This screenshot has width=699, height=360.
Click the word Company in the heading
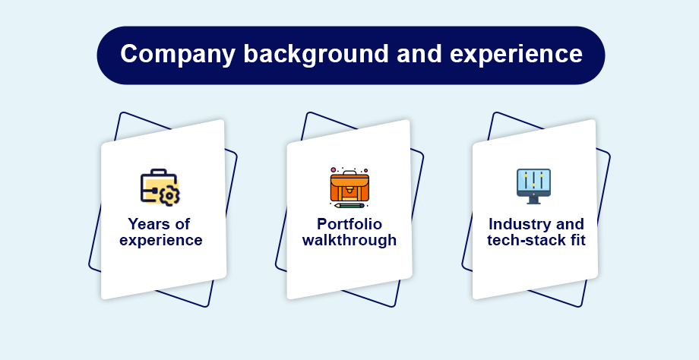click(x=178, y=55)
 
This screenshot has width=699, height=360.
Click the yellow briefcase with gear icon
click(x=160, y=187)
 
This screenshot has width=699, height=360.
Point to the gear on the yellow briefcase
click(x=170, y=196)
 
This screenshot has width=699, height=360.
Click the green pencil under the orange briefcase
click(x=349, y=205)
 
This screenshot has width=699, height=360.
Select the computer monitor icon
click(x=533, y=186)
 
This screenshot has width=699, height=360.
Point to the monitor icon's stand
click(x=533, y=201)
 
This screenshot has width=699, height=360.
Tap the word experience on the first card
click(x=161, y=241)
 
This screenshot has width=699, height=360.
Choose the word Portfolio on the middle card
click(x=349, y=223)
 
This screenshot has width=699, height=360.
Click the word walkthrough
click(x=349, y=240)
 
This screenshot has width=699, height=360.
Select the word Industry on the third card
click(x=519, y=223)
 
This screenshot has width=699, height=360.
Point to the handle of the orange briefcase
click(x=349, y=172)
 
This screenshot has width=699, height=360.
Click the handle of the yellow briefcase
click(x=158, y=172)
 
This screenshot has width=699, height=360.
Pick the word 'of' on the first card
click(x=182, y=223)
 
